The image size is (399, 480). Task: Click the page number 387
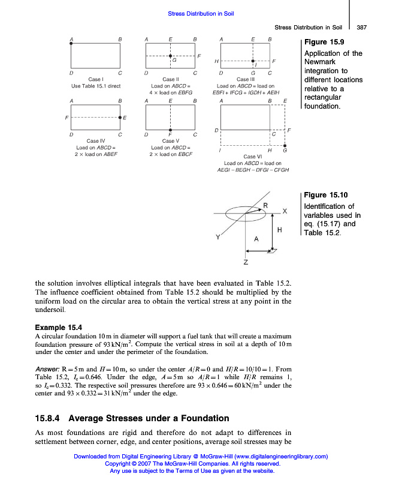pyautogui.click(x=361, y=28)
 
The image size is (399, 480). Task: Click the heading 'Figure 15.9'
pyautogui.click(x=324, y=42)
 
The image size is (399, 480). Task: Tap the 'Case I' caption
pyautogui.click(x=96, y=79)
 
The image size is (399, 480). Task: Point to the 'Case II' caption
pyautogui.click(x=170, y=79)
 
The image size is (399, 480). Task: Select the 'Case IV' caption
pyautogui.click(x=96, y=141)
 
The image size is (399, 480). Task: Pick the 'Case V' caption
pyautogui.click(x=170, y=141)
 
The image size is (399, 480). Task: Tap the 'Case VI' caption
pyautogui.click(x=253, y=157)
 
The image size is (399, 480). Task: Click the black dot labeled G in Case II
pyautogui.click(x=170, y=56)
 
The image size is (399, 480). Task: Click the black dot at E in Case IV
pyautogui.click(x=120, y=117)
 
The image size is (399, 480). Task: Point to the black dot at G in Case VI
pyautogui.click(x=284, y=145)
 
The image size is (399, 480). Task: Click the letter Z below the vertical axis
pyautogui.click(x=246, y=262)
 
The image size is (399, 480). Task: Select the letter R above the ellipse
pyautogui.click(x=265, y=206)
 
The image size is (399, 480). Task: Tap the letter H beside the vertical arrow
pyautogui.click(x=280, y=230)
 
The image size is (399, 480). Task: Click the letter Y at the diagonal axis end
pyautogui.click(x=218, y=237)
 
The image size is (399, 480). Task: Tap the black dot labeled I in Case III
pyautogui.click(x=253, y=61)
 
